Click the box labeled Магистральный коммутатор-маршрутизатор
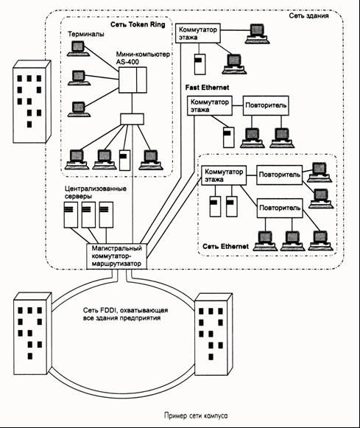tap(117, 256)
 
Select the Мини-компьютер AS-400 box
tap(133, 80)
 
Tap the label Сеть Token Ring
tap(138, 24)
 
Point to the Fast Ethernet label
tap(207, 88)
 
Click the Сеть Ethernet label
tap(225, 247)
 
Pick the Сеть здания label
tap(308, 15)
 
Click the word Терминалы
tap(86, 34)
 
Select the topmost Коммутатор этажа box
tap(198, 33)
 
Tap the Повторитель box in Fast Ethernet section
tap(266, 105)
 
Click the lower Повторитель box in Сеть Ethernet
tap(280, 208)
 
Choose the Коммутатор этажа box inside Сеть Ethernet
tap(224, 175)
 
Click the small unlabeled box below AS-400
tap(132, 119)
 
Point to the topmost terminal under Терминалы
tap(78, 49)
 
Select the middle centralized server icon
tap(88, 214)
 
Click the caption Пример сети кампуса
tap(196, 415)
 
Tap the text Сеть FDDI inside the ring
tap(101, 310)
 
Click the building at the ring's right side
tap(213, 334)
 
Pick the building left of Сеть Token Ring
tap(32, 102)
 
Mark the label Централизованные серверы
tap(96, 192)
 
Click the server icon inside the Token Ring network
tap(125, 161)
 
